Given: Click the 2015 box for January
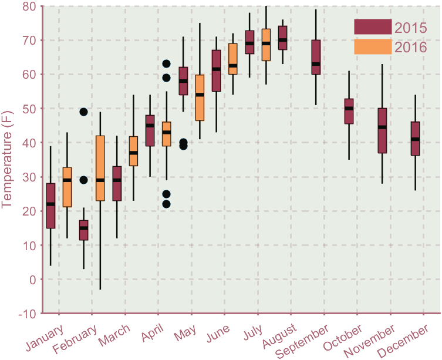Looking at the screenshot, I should click(50, 206).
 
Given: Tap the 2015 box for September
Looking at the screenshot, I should click(316, 57).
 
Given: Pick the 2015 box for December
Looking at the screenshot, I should click(416, 139).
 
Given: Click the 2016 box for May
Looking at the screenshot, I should click(200, 97).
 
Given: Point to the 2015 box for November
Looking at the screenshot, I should click(382, 130).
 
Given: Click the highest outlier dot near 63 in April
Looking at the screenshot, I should click(166, 63).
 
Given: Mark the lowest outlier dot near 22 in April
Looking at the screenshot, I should click(166, 204).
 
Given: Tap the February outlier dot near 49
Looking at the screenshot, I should click(83, 112).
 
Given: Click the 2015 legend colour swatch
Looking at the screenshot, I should click(372, 27).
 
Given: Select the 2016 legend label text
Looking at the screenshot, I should click(410, 48).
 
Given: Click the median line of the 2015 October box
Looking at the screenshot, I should click(349, 108).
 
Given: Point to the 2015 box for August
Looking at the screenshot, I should click(283, 38).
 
